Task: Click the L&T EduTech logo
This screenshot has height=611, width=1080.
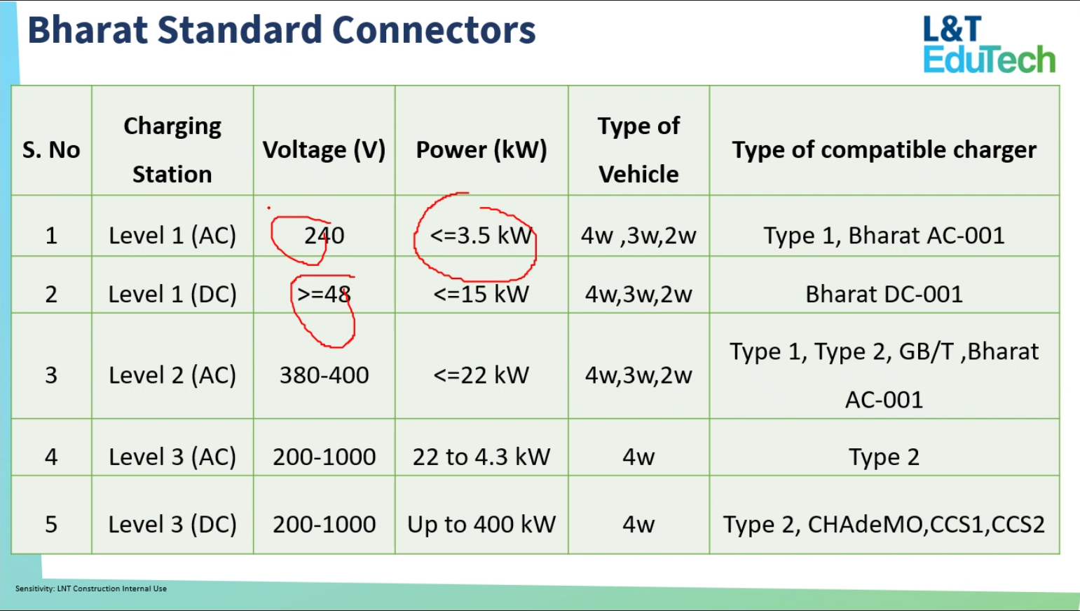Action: coord(988,45)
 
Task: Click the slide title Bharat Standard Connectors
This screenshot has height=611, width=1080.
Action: coord(281,31)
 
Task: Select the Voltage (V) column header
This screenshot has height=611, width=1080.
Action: coord(324,149)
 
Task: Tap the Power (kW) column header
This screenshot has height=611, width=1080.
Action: coord(481,149)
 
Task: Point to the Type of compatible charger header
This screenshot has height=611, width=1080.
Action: coord(884,149)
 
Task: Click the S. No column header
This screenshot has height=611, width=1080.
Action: coord(51,149)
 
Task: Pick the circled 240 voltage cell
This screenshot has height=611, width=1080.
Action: coord(324,235)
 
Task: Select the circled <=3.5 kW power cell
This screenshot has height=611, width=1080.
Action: coord(481,235)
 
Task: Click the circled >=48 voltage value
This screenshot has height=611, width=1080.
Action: coord(324,294)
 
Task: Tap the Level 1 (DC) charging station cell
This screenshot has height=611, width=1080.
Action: coord(172,294)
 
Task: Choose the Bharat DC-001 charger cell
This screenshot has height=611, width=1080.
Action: coord(884,294)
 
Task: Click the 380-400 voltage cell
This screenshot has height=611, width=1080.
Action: coord(324,375)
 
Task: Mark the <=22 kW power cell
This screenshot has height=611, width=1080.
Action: coord(481,375)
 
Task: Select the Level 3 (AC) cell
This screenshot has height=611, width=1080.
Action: coord(172,457)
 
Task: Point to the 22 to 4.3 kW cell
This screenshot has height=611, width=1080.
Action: coord(481,457)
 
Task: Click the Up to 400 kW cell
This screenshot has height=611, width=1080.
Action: coord(481,524)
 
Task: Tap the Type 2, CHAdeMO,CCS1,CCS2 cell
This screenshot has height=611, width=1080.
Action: coord(884,524)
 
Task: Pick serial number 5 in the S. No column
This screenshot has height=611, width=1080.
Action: coord(51,524)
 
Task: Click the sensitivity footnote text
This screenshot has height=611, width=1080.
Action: coord(91,589)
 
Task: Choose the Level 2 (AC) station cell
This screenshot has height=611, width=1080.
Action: coord(172,375)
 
